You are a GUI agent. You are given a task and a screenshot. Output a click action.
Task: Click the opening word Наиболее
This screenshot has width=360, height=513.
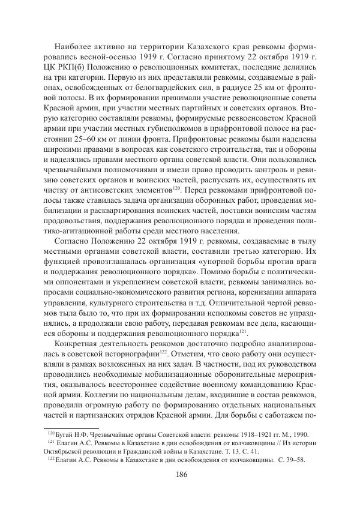[71, 46]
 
